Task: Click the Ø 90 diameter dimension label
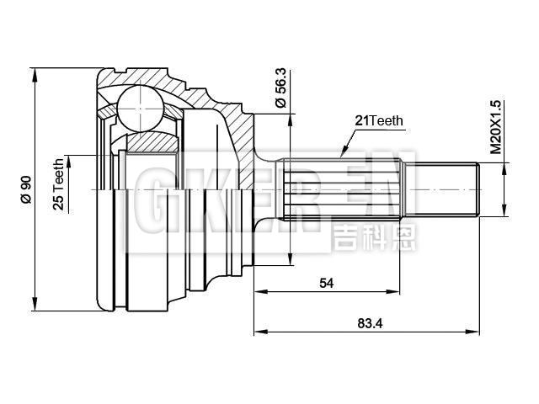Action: pyautogui.click(x=25, y=189)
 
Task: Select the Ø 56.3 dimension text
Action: pyautogui.click(x=281, y=88)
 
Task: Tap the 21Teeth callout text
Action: pyautogui.click(x=379, y=120)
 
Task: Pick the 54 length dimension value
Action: pyautogui.click(x=326, y=284)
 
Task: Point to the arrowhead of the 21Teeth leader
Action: pyautogui.click(x=341, y=155)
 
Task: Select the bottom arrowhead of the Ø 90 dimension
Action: pyautogui.click(x=35, y=306)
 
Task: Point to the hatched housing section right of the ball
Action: pyautogui.click(x=232, y=126)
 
